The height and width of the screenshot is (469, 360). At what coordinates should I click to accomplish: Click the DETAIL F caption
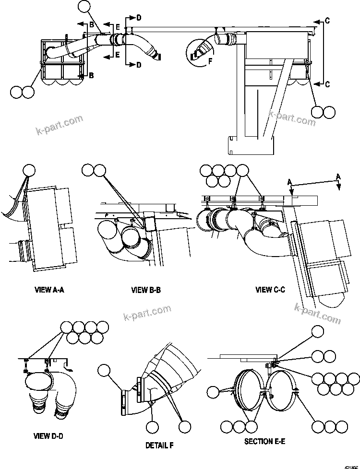159,446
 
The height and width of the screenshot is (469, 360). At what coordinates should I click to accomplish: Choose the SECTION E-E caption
264,441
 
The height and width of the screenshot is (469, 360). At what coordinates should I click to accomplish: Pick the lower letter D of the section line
138,65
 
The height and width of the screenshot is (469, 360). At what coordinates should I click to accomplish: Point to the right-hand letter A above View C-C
338,177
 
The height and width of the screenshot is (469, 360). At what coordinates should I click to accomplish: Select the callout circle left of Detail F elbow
104,370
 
